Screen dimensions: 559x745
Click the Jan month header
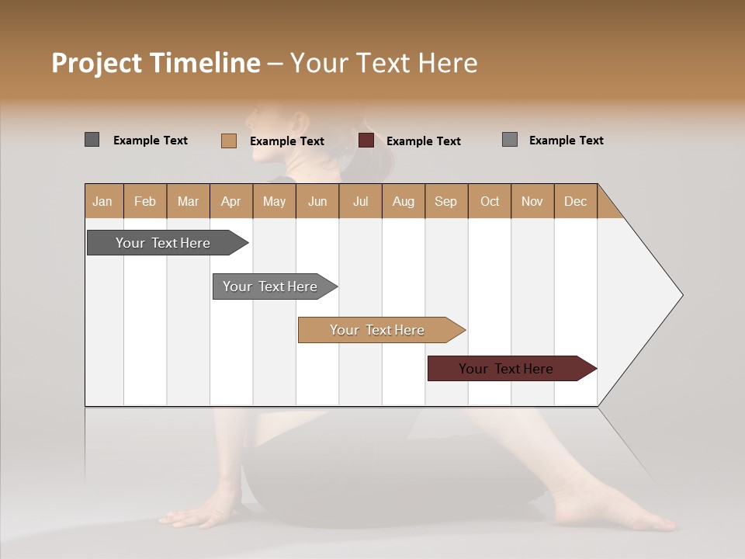pyautogui.click(x=102, y=201)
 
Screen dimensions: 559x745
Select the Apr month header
pyautogui.click(x=230, y=201)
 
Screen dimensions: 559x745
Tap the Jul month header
pyautogui.click(x=360, y=201)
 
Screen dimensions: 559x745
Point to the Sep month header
pyautogui.click(x=445, y=201)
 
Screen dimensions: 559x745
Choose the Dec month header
pyautogui.click(x=575, y=201)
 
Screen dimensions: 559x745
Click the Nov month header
pyautogui.click(x=532, y=201)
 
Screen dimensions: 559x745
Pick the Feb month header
pyautogui.click(x=145, y=201)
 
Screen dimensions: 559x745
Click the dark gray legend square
pyautogui.click(x=92, y=140)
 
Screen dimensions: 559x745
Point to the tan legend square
pyautogui.click(x=228, y=141)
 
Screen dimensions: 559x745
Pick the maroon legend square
pyautogui.click(x=366, y=141)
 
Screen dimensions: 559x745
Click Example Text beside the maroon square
pyautogui.click(x=424, y=141)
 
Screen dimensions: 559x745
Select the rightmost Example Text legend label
pyautogui.click(x=566, y=141)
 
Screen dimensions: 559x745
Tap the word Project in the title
pyautogui.click(x=95, y=64)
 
